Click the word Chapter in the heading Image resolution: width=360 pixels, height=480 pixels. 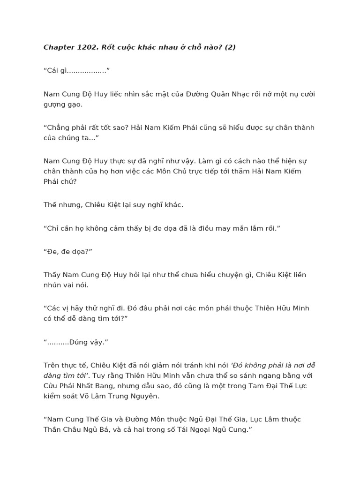(59, 47)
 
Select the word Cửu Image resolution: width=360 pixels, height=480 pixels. (51, 386)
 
